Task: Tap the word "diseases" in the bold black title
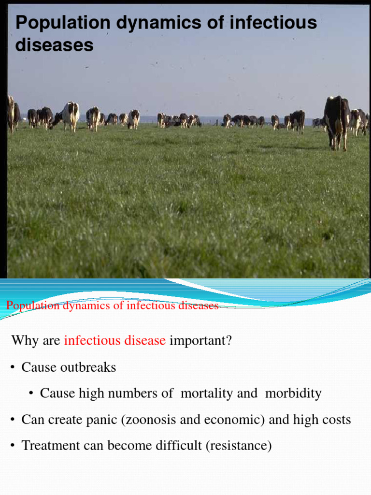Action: [54, 45]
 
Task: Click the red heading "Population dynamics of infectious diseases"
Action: [112, 306]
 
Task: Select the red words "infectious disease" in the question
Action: [115, 341]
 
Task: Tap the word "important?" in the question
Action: [200, 341]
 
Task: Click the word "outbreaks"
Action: [88, 367]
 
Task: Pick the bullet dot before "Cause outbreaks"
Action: [13, 368]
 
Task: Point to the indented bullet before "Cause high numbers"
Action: [31, 394]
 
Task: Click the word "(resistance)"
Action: [239, 446]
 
